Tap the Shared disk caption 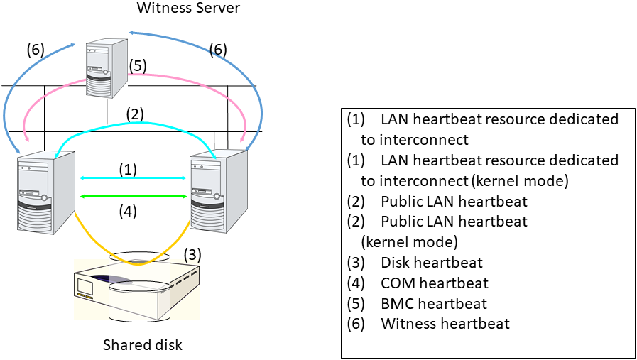(143, 345)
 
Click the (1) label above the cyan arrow (128, 169)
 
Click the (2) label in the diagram (136, 113)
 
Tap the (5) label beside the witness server (138, 66)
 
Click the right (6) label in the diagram (218, 50)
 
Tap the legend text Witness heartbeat (445, 324)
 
